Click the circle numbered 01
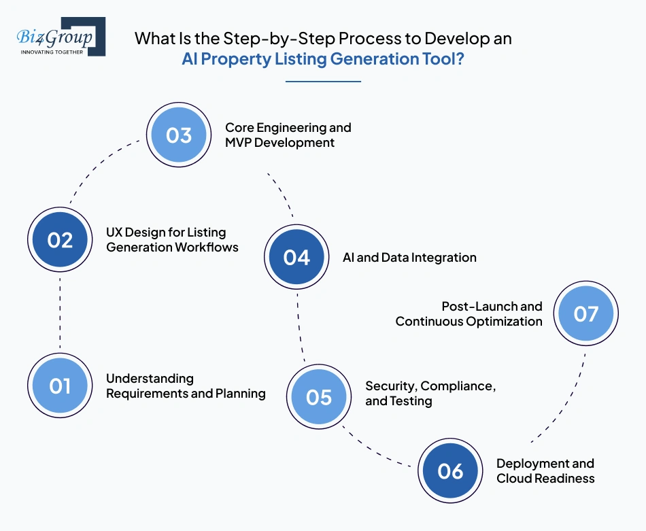coord(60,386)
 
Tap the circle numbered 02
coord(60,239)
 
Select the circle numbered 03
coord(179,135)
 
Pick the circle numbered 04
coord(296,257)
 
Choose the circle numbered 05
coord(318,396)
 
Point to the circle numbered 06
coord(450,471)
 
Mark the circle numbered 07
coord(585,313)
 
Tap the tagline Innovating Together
coord(52,51)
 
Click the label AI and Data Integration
coord(409,258)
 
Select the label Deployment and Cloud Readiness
coord(545,471)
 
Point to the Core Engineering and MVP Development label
coord(288,135)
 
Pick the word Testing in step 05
coord(411,401)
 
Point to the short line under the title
coord(323,81)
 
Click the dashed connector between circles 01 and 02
coord(60,313)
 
